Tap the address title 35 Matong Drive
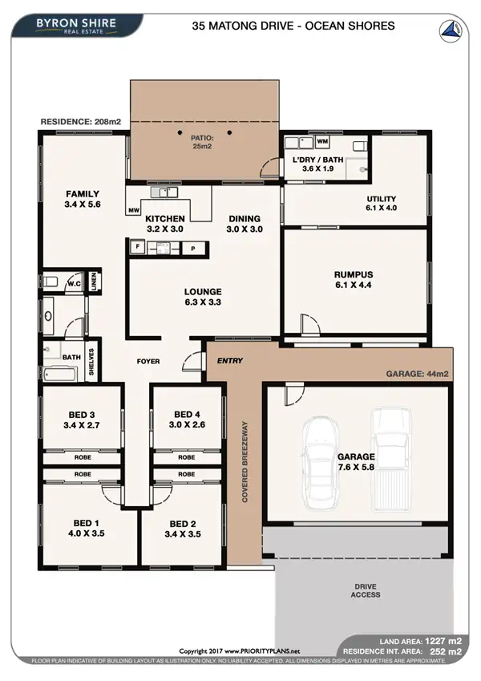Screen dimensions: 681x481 pyautogui.click(x=293, y=26)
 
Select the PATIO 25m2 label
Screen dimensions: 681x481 pyautogui.click(x=200, y=143)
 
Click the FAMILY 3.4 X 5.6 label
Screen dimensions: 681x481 pyautogui.click(x=83, y=199)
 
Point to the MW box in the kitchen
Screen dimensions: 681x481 pyautogui.click(x=133, y=211)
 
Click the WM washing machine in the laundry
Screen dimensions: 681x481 pyautogui.click(x=323, y=142)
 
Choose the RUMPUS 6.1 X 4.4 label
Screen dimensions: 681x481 pyautogui.click(x=356, y=280)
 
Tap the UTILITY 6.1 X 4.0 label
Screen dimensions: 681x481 pyautogui.click(x=382, y=203)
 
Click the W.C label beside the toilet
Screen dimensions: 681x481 pyautogui.click(x=74, y=283)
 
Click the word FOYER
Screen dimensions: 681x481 pyautogui.click(x=148, y=362)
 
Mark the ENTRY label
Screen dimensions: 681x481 pyautogui.click(x=230, y=361)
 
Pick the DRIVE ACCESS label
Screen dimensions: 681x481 pyautogui.click(x=364, y=590)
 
